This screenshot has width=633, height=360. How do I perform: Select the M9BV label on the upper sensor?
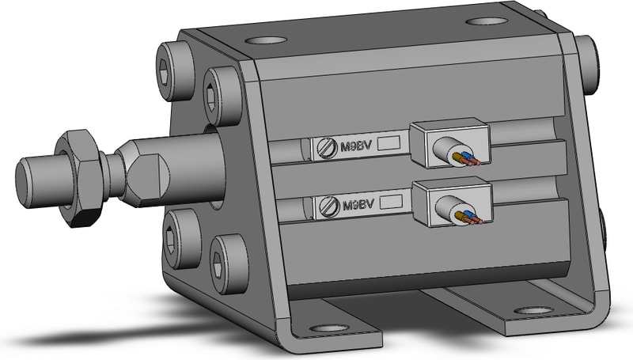[x=355, y=146]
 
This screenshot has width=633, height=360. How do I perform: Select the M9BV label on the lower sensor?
[x=358, y=205]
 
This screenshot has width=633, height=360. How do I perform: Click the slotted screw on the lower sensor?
[x=329, y=207]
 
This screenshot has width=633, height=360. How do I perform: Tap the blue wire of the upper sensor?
[x=468, y=157]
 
